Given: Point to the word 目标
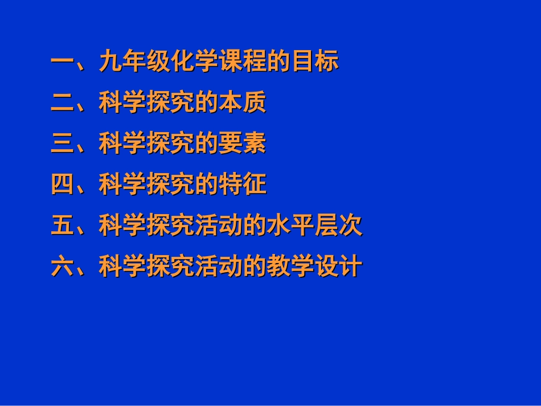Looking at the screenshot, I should tap(315, 62).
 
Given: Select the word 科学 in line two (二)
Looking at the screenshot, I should tap(122, 103).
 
